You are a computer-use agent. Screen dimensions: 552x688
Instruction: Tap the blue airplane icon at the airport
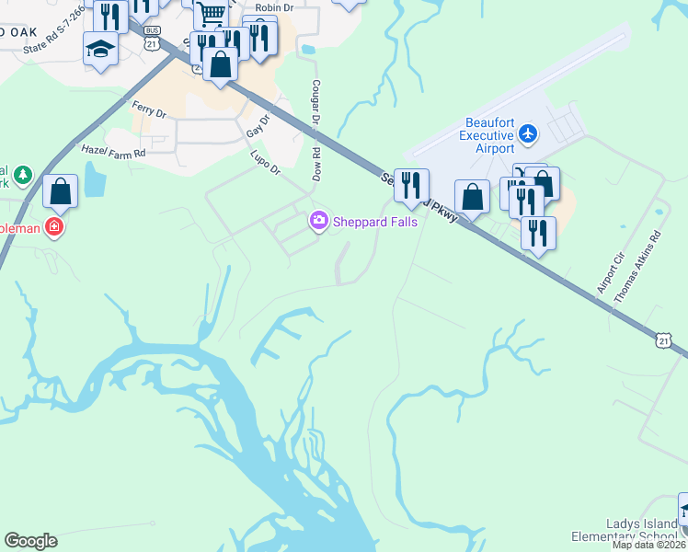point(528,134)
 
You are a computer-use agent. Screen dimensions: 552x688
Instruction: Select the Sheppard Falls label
point(374,222)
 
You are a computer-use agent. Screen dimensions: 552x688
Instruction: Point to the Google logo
point(30,541)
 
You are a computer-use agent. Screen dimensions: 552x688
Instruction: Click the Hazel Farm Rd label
point(113,152)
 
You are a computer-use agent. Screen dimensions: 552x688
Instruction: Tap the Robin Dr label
point(273,7)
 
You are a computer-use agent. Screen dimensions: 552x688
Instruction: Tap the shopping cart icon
point(212,13)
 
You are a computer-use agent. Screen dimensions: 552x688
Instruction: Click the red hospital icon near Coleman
point(54,227)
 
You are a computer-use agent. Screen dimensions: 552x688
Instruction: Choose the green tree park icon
point(23,174)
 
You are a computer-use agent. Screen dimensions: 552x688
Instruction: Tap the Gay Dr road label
point(259,128)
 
